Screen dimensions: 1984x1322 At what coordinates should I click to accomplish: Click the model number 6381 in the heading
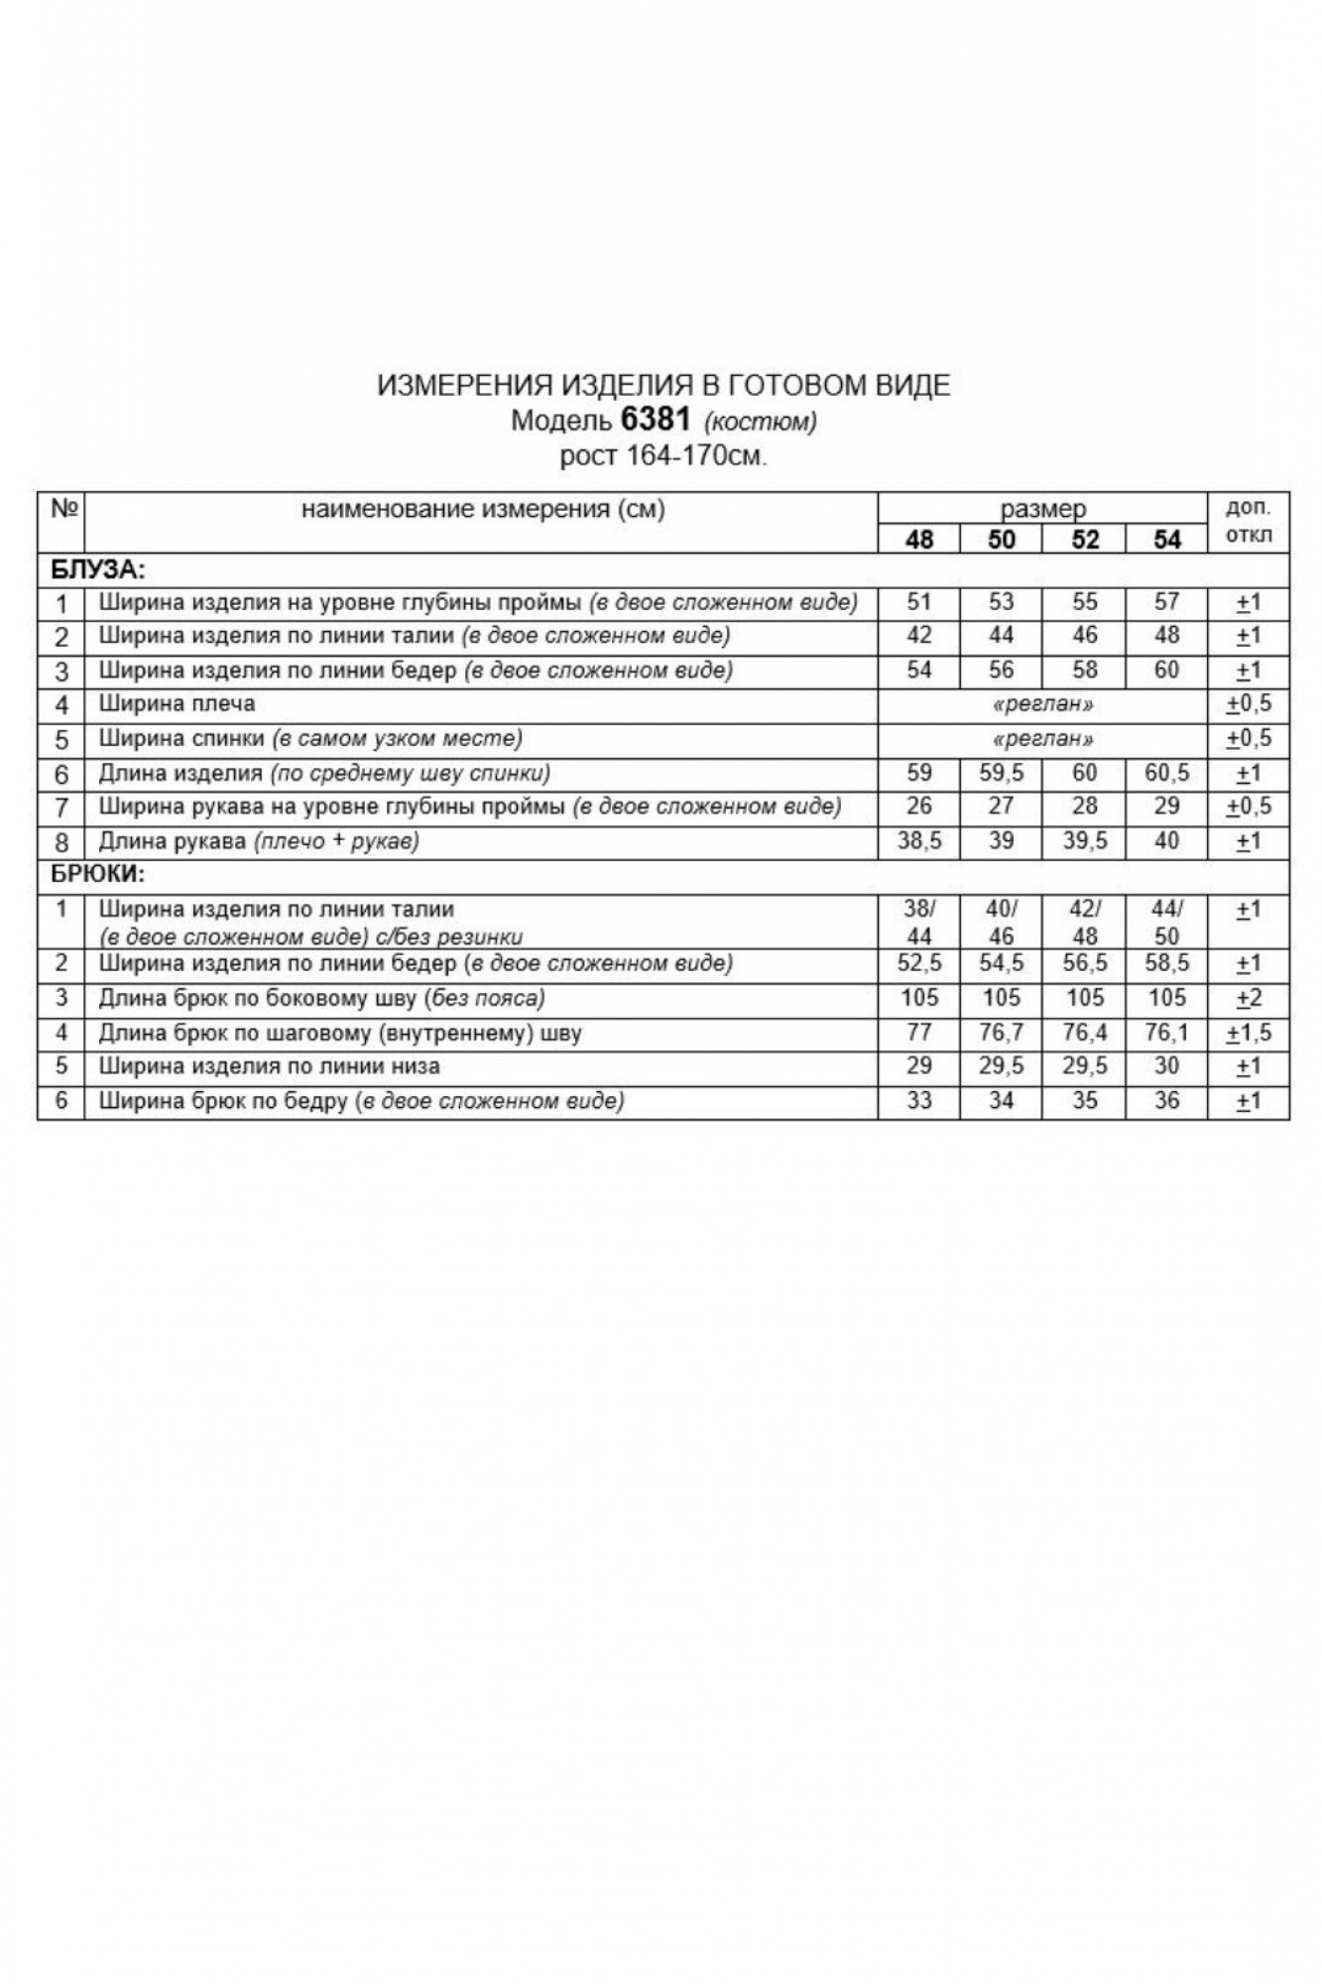[x=655, y=420]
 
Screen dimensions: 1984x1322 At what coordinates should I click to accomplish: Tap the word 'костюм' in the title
[x=760, y=422]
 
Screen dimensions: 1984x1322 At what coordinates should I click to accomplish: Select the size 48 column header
[x=919, y=540]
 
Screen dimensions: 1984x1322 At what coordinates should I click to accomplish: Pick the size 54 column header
[x=1167, y=540]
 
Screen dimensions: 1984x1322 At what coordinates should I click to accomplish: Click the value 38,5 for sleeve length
[x=919, y=841]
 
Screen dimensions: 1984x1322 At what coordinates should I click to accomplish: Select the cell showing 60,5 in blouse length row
[x=1167, y=773]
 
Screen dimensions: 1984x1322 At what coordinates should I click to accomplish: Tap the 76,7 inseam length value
[x=1002, y=1033]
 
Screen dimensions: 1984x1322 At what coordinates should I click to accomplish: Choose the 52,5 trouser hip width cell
[x=919, y=963]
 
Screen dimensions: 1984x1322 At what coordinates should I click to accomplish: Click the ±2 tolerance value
[x=1249, y=998]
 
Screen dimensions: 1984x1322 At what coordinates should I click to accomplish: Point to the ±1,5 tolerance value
[x=1249, y=1033]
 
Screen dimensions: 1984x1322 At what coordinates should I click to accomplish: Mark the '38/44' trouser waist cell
[x=919, y=922]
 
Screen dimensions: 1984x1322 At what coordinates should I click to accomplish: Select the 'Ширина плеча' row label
[x=177, y=704]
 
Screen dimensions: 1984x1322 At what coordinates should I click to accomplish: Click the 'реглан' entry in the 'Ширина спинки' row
[x=1042, y=739]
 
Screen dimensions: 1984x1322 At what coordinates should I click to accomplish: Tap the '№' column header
[x=62, y=510]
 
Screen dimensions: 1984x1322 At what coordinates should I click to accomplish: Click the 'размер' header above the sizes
[x=1042, y=510]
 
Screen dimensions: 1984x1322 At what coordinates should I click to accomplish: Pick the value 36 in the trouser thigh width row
[x=1167, y=1101]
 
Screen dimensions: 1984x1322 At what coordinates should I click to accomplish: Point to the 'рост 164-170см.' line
[x=663, y=456]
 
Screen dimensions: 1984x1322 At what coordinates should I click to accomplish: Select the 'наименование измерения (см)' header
[x=483, y=510]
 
